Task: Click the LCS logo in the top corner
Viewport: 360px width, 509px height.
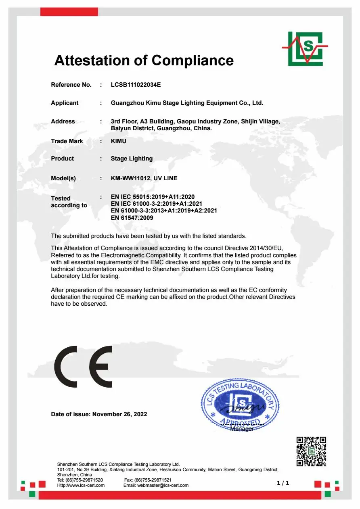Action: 305,48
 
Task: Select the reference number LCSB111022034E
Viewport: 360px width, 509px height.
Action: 136,85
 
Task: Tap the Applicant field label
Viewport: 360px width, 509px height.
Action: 65,103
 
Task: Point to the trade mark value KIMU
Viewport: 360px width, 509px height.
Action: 119,141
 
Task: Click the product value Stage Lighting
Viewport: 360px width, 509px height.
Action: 132,159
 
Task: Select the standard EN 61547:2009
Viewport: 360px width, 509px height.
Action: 132,218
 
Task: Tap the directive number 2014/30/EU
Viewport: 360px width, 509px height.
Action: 272,248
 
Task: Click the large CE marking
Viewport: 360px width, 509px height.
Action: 83,367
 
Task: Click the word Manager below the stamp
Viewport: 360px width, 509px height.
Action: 242,429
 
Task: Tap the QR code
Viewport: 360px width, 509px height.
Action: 311,451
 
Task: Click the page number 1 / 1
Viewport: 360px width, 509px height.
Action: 283,483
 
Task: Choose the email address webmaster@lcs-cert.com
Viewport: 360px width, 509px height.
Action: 163,485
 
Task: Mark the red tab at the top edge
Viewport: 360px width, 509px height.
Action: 69,12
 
